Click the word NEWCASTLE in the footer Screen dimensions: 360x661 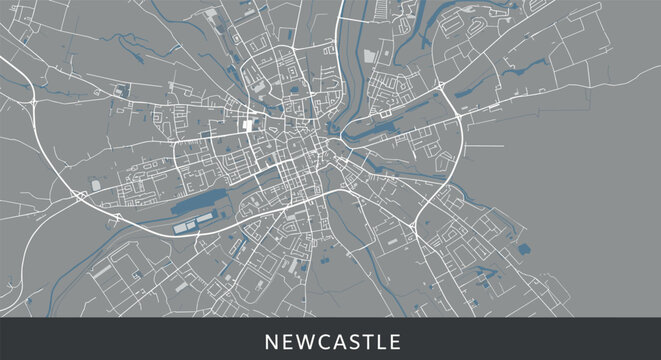pos(332,342)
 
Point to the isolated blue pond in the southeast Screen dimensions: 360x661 pos(524,248)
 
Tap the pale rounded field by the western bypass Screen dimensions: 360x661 pos(96,185)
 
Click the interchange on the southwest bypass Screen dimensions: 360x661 pos(80,196)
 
